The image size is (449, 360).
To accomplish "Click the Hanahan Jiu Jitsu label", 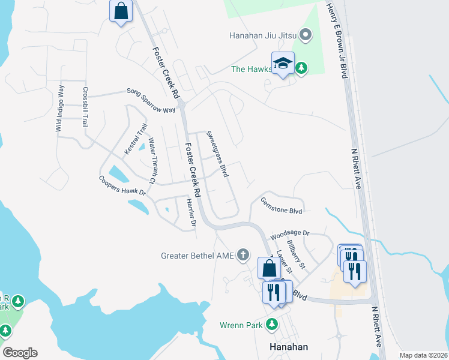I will pyautogui.click(x=264, y=35).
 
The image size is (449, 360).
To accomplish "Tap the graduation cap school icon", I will pyautogui.click(x=283, y=63).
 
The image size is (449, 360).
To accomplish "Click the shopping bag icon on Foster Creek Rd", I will pyautogui.click(x=121, y=11).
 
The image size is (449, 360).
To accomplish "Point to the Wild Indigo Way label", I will pyautogui.click(x=60, y=109).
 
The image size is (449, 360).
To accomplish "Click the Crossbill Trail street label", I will pyautogui.click(x=86, y=107).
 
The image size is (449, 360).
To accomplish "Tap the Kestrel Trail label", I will pyautogui.click(x=136, y=139).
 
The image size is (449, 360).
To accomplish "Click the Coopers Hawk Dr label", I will pyautogui.click(x=122, y=185).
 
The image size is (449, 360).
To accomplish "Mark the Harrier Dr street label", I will pyautogui.click(x=191, y=212).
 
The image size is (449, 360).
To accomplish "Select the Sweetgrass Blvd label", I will pyautogui.click(x=217, y=153).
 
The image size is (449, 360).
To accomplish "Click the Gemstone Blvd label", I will pyautogui.click(x=281, y=206).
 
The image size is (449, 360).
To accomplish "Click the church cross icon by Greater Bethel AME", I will pyautogui.click(x=243, y=255).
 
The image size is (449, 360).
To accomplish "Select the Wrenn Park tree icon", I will pyautogui.click(x=272, y=325).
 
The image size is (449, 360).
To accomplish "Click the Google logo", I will pyautogui.click(x=20, y=353).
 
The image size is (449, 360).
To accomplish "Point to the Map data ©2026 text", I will pyautogui.click(x=423, y=355).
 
